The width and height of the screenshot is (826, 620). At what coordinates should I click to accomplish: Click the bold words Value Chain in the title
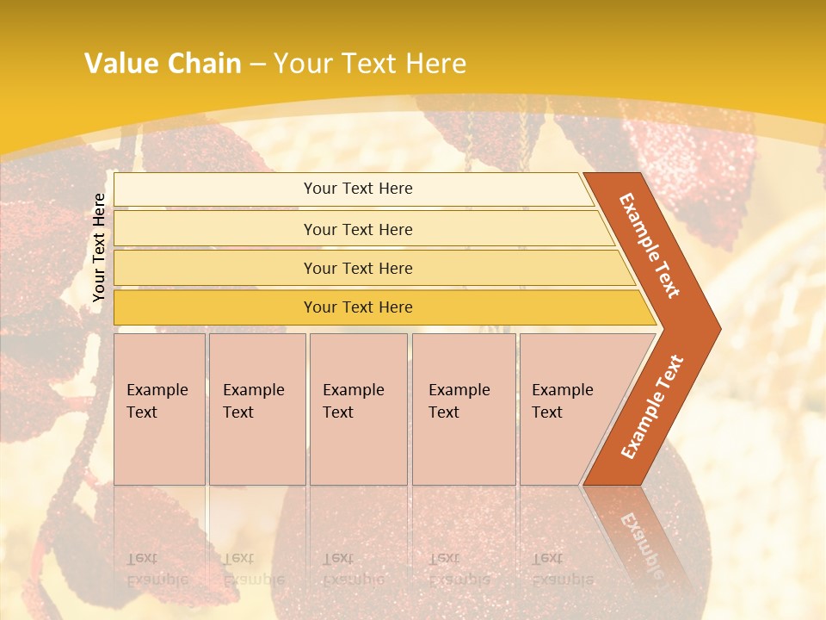coord(163,64)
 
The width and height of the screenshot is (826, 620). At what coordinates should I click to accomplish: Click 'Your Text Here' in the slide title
coord(370,64)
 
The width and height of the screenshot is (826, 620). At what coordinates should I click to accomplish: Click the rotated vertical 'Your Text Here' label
coord(99,247)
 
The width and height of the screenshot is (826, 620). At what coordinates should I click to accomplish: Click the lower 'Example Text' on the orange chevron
coord(652,406)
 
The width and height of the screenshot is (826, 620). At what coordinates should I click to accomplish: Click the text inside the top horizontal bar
coord(358,189)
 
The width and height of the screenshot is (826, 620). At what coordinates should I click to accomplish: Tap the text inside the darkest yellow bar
coord(358,307)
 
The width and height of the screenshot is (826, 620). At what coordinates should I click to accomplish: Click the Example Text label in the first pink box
coord(157,401)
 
